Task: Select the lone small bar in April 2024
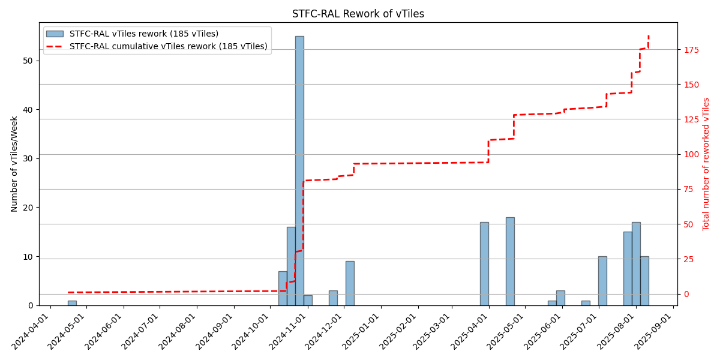click(x=72, y=303)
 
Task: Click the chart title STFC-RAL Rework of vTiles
click(x=358, y=14)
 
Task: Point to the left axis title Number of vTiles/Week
click(x=14, y=164)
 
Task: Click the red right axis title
click(x=706, y=164)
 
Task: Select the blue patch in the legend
click(x=55, y=34)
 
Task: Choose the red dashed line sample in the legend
click(x=55, y=46)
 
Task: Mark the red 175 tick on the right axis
click(x=691, y=49)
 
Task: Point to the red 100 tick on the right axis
click(x=691, y=154)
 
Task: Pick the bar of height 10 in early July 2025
click(x=602, y=281)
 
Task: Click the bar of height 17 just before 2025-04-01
click(x=484, y=264)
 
